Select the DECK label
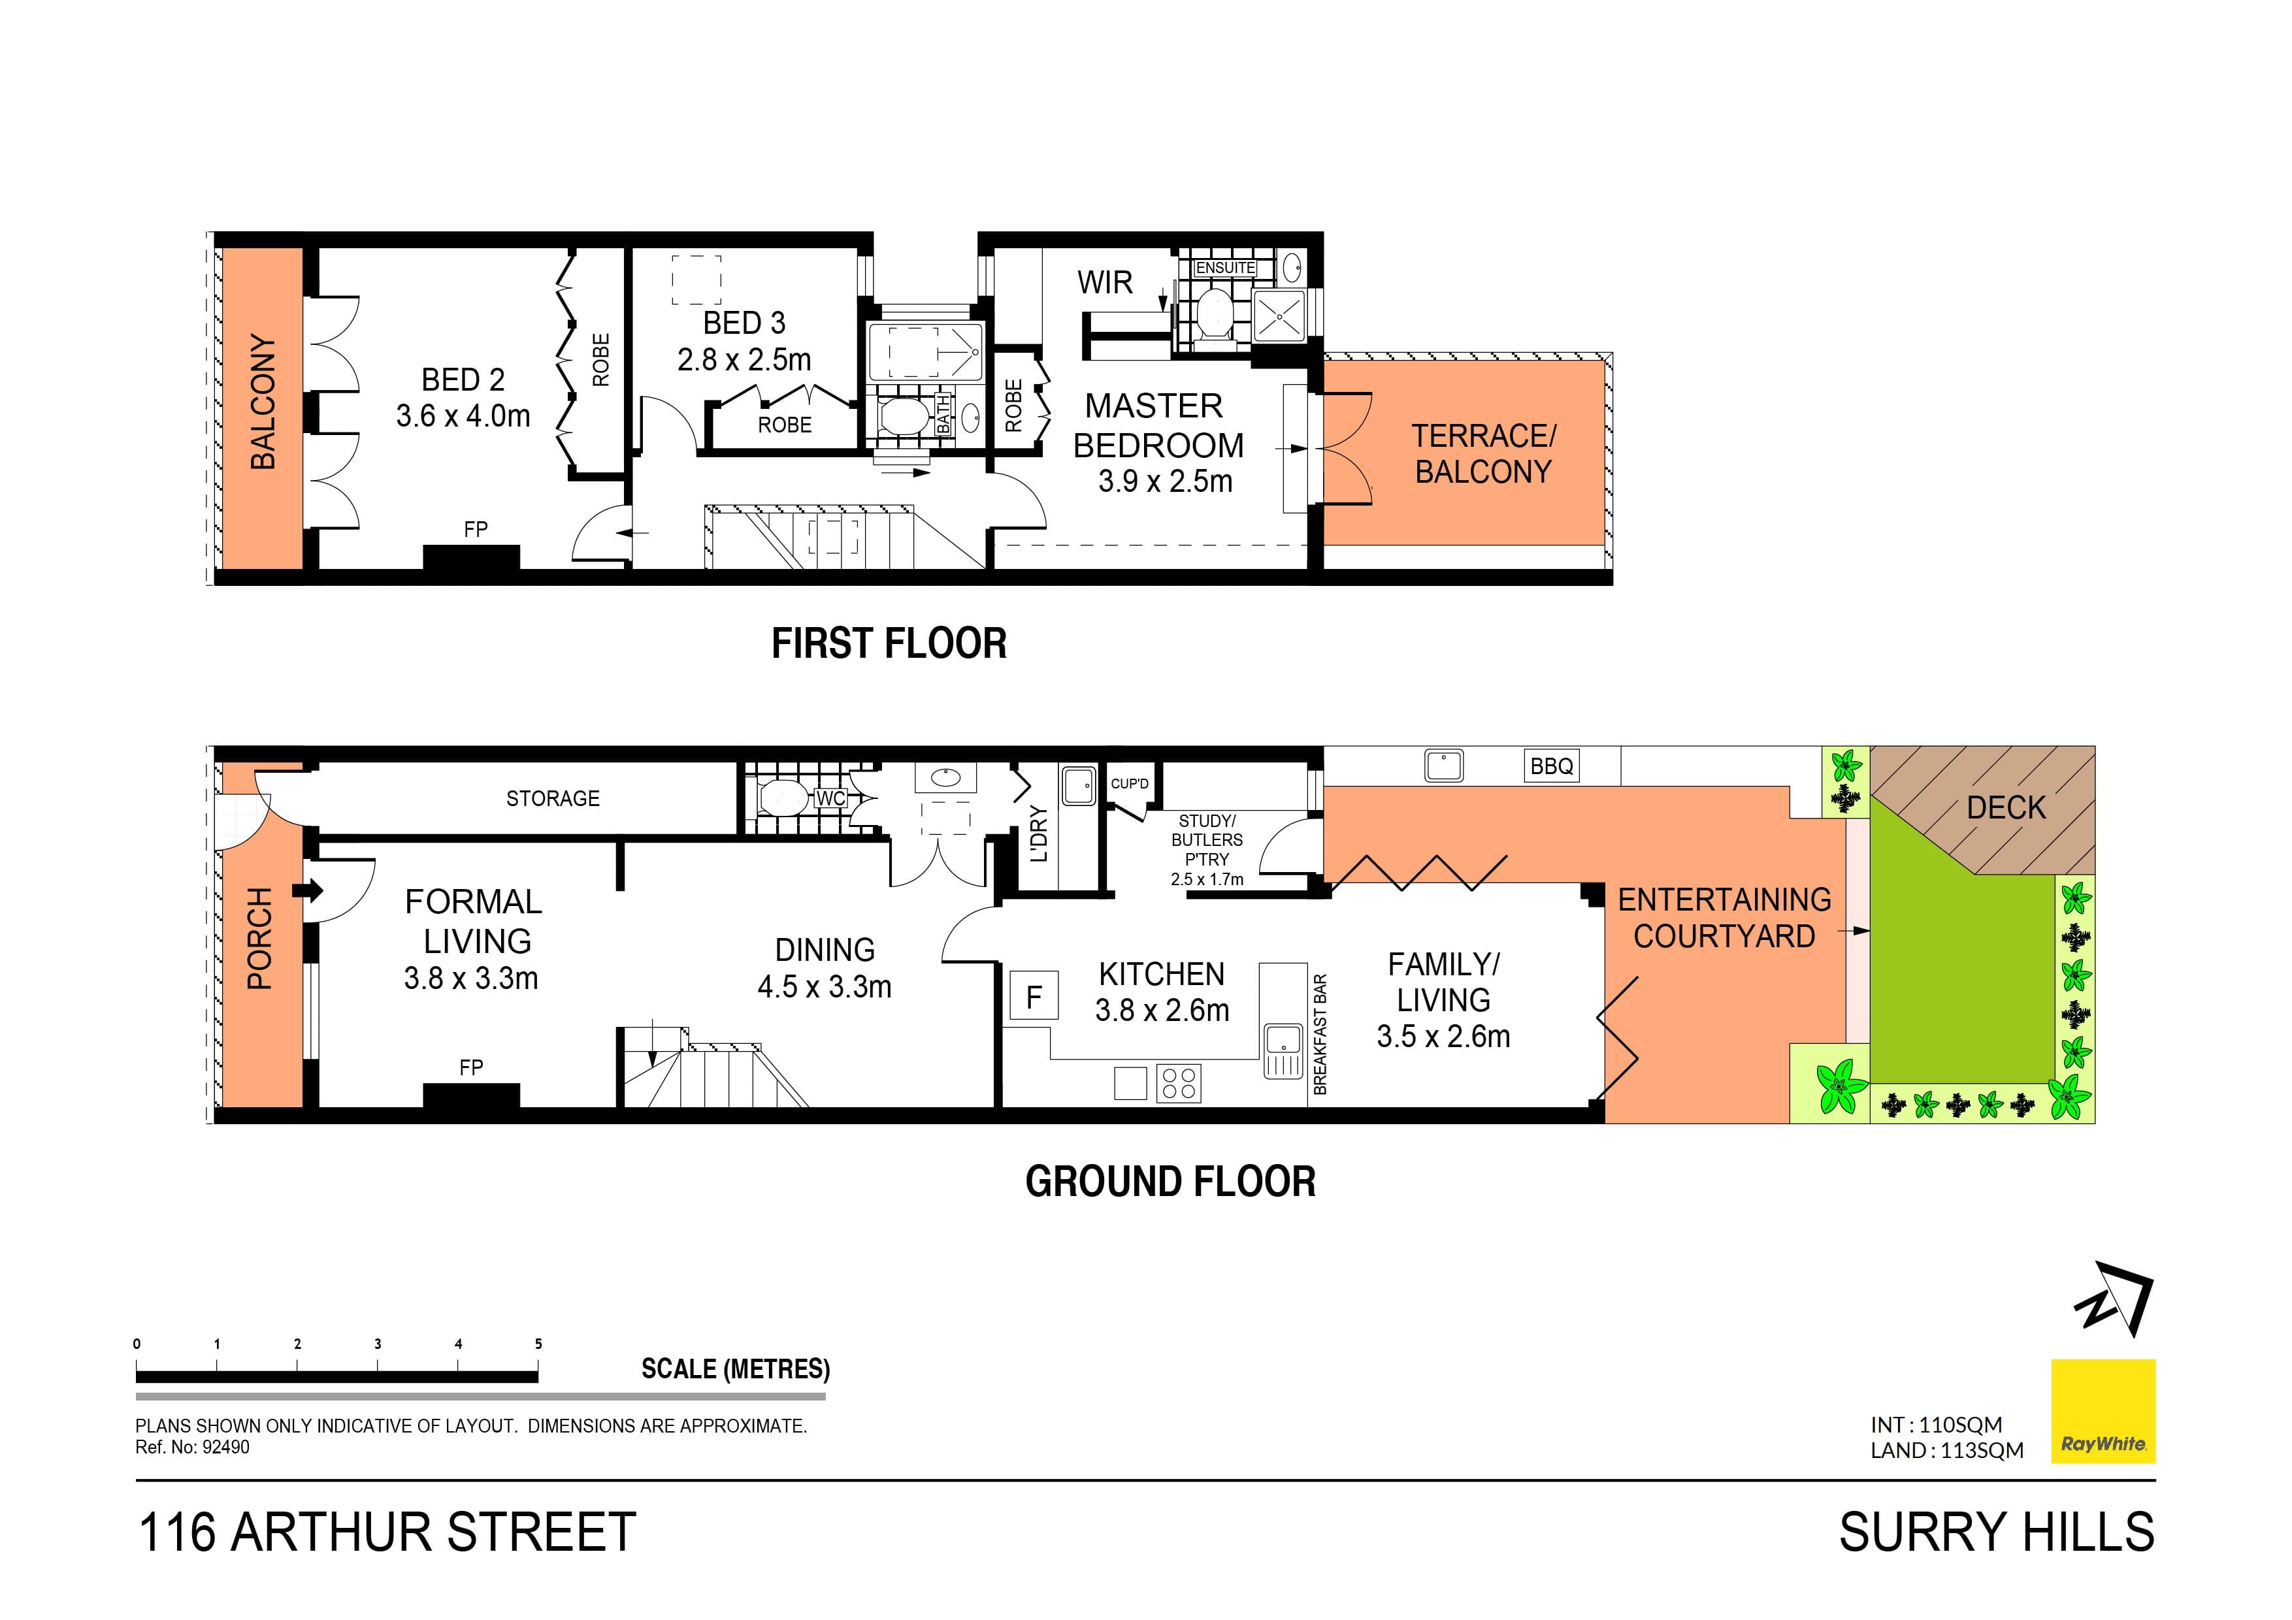coord(2006,807)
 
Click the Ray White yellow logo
coord(2103,1410)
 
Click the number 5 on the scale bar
coord(538,1344)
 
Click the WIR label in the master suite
coord(1104,282)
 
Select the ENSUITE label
coord(1225,268)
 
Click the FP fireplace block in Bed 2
coord(471,556)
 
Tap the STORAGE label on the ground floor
coord(552,798)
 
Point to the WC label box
coord(830,798)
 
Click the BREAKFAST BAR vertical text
coord(1320,1034)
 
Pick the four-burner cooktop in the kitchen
coord(1179,1083)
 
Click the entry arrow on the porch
coord(310,889)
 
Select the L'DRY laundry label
coord(1038,834)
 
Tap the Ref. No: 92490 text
coord(193,1448)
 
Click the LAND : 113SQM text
coord(1946,1450)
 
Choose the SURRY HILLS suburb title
coord(1997,1532)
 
